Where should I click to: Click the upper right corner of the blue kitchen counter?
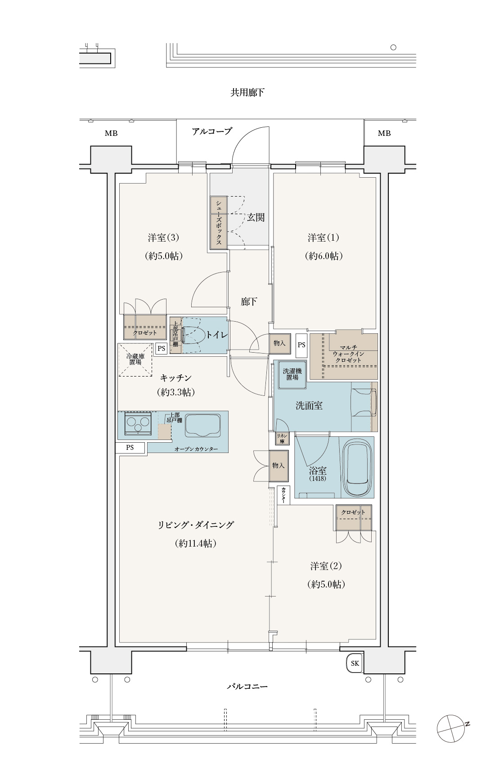(228, 411)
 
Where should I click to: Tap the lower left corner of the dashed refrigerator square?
(118, 376)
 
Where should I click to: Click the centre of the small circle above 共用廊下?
(393, 47)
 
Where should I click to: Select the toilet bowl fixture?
(190, 335)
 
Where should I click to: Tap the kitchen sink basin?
(203, 425)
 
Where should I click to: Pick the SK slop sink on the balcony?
(355, 663)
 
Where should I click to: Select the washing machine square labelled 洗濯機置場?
(292, 374)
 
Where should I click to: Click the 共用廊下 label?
(247, 93)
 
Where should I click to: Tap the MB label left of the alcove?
(111, 134)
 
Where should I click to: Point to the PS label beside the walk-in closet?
(301, 345)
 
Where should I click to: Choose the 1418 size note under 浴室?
(318, 479)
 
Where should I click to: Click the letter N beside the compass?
(468, 724)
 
